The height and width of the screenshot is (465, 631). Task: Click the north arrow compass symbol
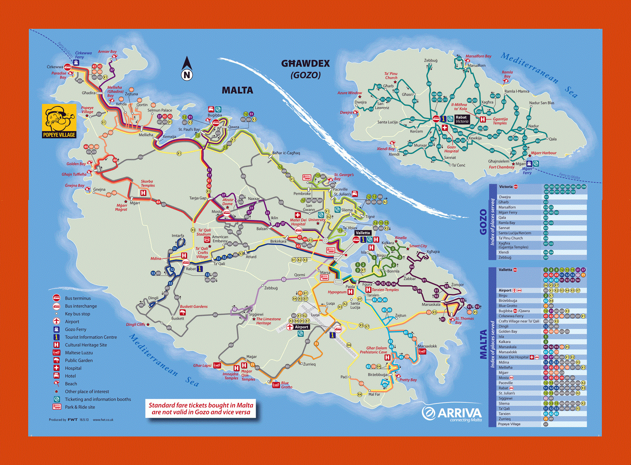tap(187, 69)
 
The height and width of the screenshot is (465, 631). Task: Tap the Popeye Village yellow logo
tap(59, 121)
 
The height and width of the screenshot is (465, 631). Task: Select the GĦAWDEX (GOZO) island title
tap(306, 69)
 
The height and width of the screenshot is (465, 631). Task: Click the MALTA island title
tap(237, 90)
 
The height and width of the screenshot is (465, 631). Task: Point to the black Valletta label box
tap(363, 233)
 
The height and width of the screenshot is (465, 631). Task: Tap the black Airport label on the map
tap(301, 327)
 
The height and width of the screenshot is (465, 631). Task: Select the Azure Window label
tap(349, 93)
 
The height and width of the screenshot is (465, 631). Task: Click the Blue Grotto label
tap(286, 385)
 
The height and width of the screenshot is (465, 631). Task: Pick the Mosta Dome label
tap(227, 202)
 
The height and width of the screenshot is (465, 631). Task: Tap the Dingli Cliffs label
tap(135, 324)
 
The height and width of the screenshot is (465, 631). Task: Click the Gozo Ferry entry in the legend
tap(75, 329)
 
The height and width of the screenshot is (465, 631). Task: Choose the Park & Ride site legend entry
tap(80, 407)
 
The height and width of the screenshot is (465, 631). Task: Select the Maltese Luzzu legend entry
tap(79, 353)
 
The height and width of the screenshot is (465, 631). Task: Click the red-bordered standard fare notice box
tap(201, 409)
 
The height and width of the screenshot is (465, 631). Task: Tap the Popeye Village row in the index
tap(509, 424)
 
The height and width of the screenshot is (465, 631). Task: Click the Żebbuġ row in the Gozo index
tap(505, 257)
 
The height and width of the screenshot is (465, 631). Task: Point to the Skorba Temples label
tap(147, 183)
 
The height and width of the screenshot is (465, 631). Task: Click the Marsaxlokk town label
tap(427, 346)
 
